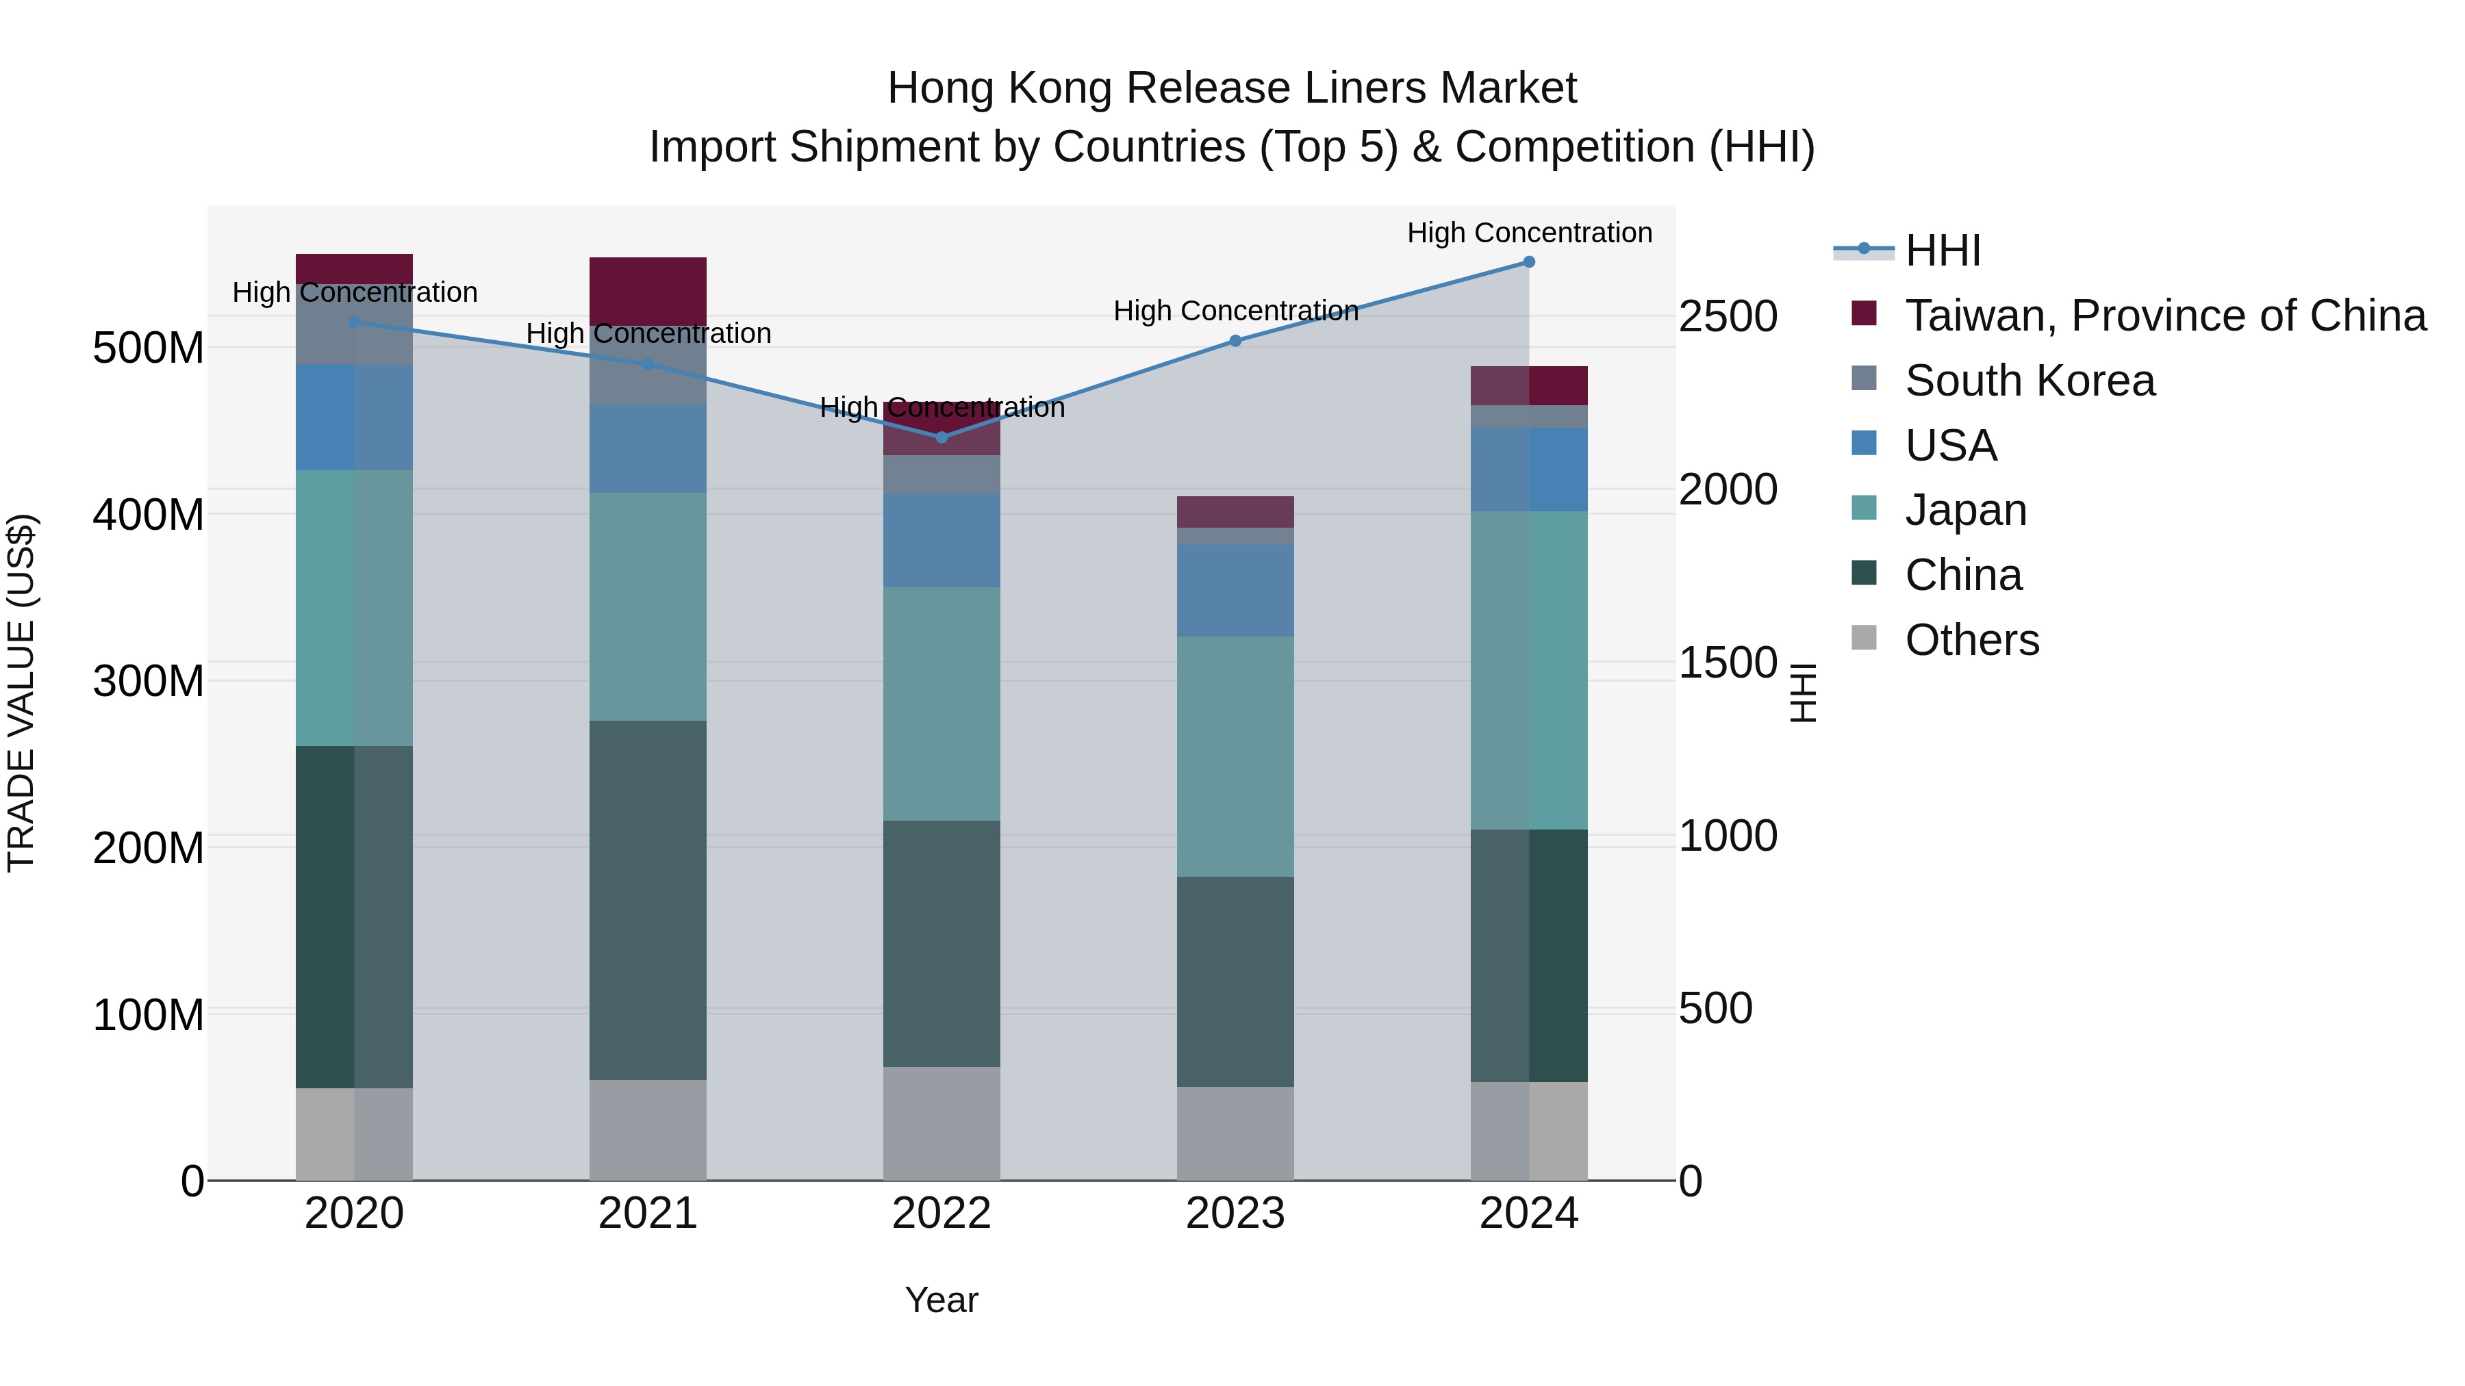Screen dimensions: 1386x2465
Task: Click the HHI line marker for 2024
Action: pos(1528,262)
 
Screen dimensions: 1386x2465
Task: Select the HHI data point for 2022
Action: pos(941,437)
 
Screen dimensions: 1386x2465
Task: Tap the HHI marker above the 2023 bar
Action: pos(1235,341)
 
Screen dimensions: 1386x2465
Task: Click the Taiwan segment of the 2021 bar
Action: pos(648,291)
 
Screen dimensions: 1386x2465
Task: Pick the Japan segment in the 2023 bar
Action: pos(1235,756)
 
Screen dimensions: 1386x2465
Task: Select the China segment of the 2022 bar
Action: pos(941,943)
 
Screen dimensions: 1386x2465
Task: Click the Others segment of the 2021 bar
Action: pos(648,1129)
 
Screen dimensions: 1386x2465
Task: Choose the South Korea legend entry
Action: pos(2030,381)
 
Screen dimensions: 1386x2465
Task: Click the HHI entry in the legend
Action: pos(1943,251)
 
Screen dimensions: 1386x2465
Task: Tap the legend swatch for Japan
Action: pos(1864,508)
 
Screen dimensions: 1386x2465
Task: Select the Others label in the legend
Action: pos(1971,640)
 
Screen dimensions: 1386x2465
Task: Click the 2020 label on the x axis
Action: pos(354,1214)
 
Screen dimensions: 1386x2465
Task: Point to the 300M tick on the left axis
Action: pos(149,681)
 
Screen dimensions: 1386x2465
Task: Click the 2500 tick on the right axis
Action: pos(1728,317)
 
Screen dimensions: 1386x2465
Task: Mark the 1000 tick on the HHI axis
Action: pos(1728,836)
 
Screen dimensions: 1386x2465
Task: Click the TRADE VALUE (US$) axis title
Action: pos(21,693)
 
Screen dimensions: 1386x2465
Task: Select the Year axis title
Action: pos(941,1300)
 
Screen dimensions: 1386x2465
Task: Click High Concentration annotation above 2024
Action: pos(1528,233)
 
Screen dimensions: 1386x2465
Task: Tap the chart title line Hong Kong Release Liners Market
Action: pos(1232,88)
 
